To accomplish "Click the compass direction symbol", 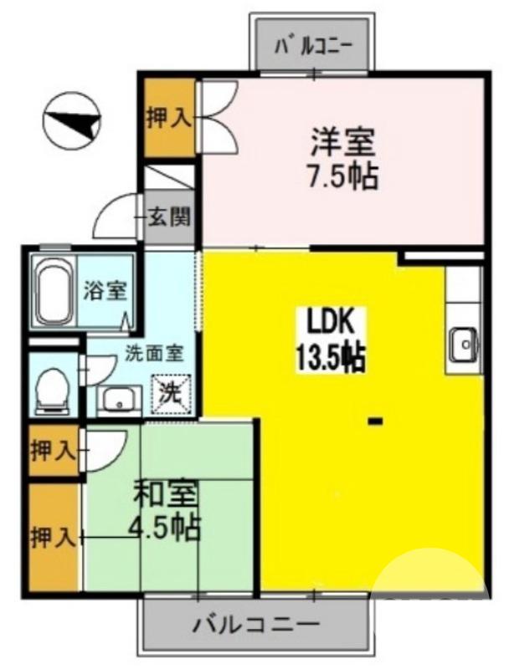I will pyautogui.click(x=71, y=120).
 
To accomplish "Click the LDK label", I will pyautogui.click(x=329, y=322).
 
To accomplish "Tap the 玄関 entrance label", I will pyautogui.click(x=170, y=218).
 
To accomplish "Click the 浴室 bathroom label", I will pyautogui.click(x=105, y=293).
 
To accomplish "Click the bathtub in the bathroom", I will pyautogui.click(x=54, y=293).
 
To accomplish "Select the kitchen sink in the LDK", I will pyautogui.click(x=464, y=344).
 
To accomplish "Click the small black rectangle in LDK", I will pyautogui.click(x=376, y=421).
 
